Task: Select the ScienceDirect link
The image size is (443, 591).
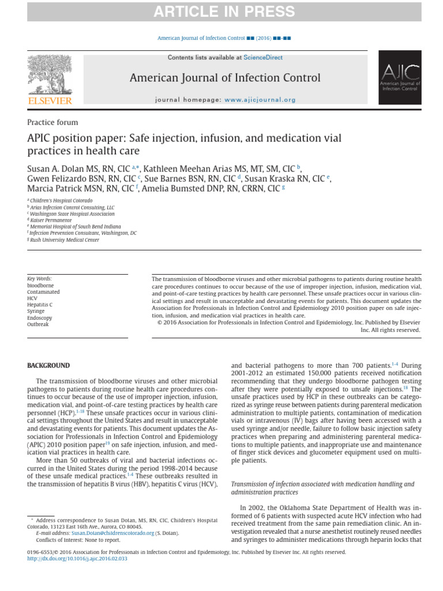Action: pyautogui.click(x=263, y=58)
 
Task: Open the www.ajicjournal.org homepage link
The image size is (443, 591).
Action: pyautogui.click(x=260, y=100)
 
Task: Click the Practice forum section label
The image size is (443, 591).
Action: pyautogui.click(x=52, y=122)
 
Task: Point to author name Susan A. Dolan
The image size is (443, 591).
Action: pyautogui.click(x=59, y=169)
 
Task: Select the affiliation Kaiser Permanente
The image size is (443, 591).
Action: pyautogui.click(x=51, y=220)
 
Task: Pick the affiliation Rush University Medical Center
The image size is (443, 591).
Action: pyautogui.click(x=65, y=240)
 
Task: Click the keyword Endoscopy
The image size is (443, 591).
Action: pyautogui.click(x=39, y=317)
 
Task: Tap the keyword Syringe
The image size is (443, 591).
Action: pyautogui.click(x=36, y=311)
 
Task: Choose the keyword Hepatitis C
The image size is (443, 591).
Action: pyautogui.click(x=40, y=305)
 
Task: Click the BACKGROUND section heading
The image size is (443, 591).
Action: pyautogui.click(x=49, y=365)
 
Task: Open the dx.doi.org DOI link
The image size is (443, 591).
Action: pyautogui.click(x=77, y=559)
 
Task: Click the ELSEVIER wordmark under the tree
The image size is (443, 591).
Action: pyautogui.click(x=51, y=101)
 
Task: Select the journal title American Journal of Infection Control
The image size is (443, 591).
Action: pyautogui.click(x=225, y=78)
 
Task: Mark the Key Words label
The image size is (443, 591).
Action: pyautogui.click(x=39, y=278)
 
